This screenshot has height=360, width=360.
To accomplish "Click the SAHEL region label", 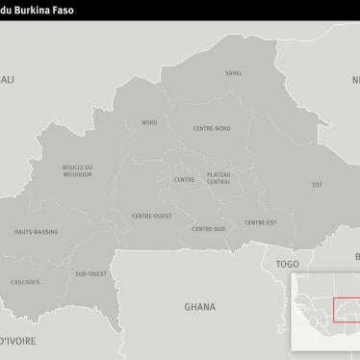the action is (x=234, y=73).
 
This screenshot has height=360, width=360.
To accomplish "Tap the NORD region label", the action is (x=149, y=122).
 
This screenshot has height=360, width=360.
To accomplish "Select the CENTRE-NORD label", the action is (x=211, y=128).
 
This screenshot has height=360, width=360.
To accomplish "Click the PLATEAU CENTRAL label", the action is (x=219, y=178).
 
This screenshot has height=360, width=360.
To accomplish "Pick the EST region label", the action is (x=317, y=184).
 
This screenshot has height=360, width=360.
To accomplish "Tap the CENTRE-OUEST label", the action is (x=151, y=216).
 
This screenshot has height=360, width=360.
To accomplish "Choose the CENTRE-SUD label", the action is (x=209, y=228).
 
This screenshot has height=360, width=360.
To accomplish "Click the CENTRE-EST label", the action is (x=261, y=222).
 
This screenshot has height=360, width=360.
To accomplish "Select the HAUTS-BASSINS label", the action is (x=36, y=232).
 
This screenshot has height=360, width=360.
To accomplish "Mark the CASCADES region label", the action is (x=25, y=282).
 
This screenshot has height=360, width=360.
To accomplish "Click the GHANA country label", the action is (x=200, y=307).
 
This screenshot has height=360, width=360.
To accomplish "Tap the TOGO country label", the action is (x=287, y=263).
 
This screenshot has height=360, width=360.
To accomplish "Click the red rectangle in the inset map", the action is (x=347, y=309).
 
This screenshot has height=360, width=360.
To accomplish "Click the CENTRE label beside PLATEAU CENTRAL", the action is (x=184, y=180).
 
